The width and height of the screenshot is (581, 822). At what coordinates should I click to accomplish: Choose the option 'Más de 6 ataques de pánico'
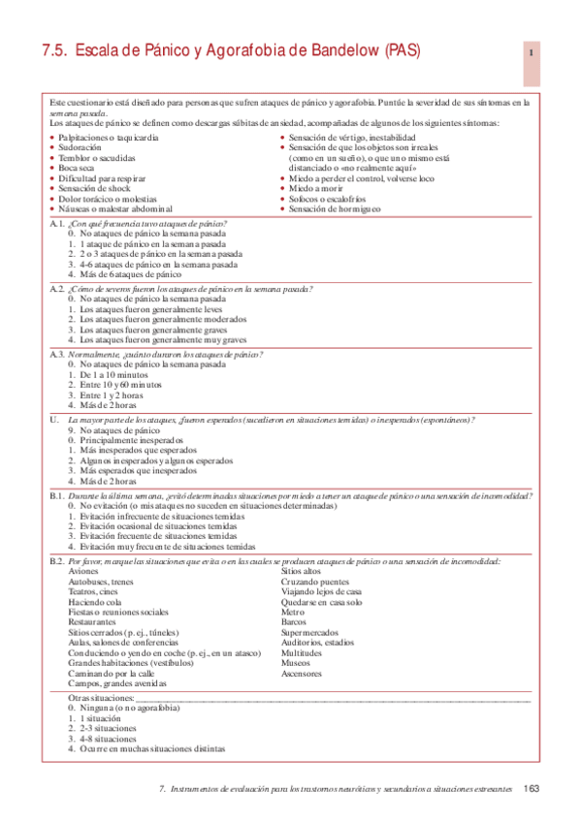[x=130, y=274]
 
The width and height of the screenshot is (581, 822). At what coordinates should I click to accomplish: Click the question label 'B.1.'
[x=56, y=495]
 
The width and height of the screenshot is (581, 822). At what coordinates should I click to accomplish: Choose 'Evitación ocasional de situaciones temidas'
[x=157, y=525]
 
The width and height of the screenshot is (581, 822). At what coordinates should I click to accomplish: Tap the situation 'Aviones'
[x=83, y=572]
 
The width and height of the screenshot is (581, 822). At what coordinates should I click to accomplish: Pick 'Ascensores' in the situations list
[x=304, y=673]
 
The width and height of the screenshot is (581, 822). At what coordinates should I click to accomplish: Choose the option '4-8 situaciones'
[x=109, y=739]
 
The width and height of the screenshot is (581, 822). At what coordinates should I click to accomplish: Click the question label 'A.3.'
[x=56, y=354]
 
